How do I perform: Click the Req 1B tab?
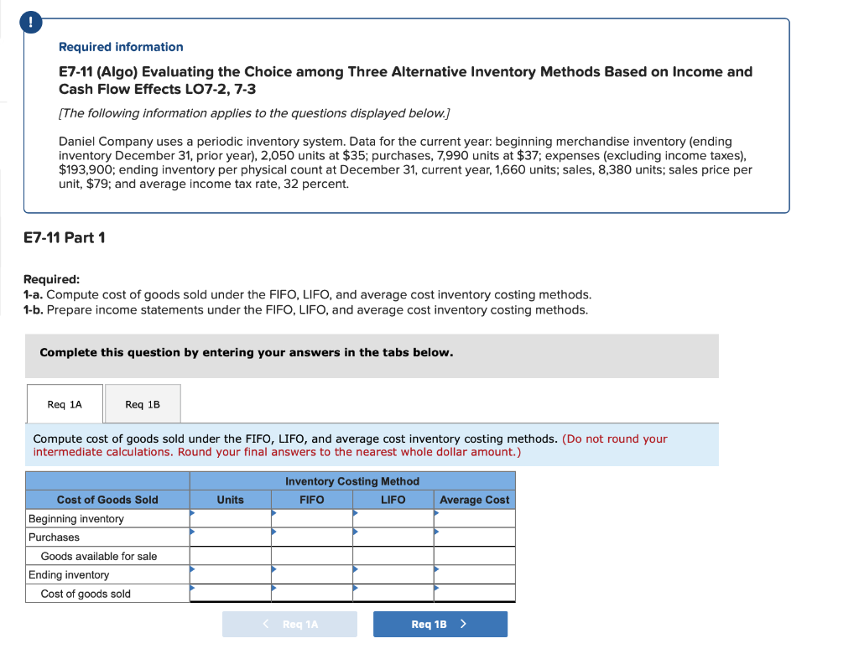click(142, 404)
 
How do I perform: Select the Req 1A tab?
click(65, 404)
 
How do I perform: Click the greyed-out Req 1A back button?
click(289, 624)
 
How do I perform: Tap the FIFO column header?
click(311, 500)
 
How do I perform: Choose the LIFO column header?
click(393, 500)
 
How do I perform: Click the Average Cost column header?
click(474, 500)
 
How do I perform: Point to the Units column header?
click(230, 500)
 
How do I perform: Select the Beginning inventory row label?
click(76, 519)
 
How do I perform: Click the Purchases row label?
click(55, 537)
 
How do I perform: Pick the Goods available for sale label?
click(99, 556)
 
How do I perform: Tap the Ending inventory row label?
click(69, 575)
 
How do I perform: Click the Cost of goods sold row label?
click(86, 594)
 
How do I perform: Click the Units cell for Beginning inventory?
click(230, 519)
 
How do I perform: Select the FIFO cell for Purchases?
click(311, 537)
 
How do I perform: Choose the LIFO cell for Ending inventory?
click(393, 575)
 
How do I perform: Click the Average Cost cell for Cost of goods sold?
click(474, 594)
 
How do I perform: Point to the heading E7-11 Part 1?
click(65, 237)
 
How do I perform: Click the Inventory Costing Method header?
click(352, 481)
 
